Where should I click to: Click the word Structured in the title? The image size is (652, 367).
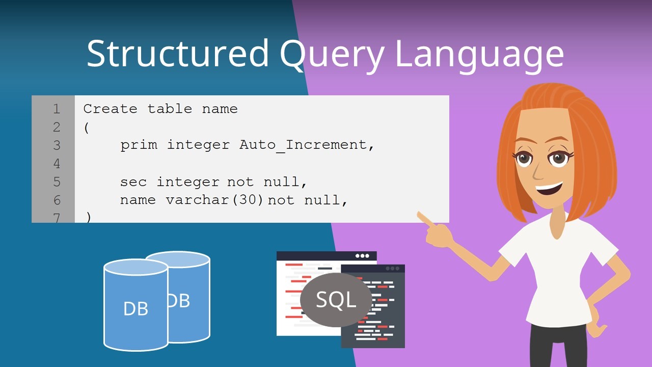tap(178, 54)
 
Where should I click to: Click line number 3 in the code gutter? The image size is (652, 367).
tap(57, 145)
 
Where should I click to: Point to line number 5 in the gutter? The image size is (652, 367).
tap(57, 182)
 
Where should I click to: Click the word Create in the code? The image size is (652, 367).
tap(110, 109)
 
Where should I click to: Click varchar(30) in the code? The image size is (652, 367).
tap(215, 200)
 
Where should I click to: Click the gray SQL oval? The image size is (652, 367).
tap(336, 300)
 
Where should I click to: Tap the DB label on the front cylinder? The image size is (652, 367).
tap(135, 309)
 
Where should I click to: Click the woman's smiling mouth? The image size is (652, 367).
tap(549, 189)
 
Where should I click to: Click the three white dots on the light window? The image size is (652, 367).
tap(362, 256)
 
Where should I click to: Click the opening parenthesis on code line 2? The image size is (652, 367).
tap(87, 127)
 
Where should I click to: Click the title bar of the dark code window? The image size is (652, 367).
tap(373, 268)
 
